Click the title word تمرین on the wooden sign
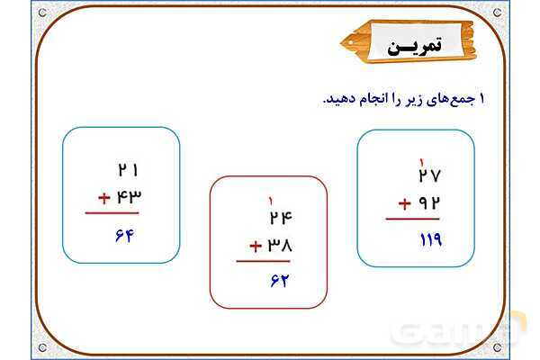pos(414,46)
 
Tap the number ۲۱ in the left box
pos(128,170)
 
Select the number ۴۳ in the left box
pos(129,197)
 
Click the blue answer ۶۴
pos(124,236)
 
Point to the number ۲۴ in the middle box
pos(281,218)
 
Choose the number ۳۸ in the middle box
pos(280,246)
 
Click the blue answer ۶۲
pos(280,281)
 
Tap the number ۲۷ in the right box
pos(429,175)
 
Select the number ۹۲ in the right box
pos(429,203)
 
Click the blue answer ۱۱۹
pos(431,239)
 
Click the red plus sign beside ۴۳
pos(104,198)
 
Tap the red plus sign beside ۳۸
pos(256,247)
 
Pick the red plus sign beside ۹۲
pos(405,204)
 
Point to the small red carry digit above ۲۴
pos(271,202)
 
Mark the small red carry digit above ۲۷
pos(421,161)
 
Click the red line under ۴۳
pos(112,213)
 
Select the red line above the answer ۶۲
pos(263,261)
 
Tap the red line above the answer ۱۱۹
pos(412,219)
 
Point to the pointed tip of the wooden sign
pos(340,43)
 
